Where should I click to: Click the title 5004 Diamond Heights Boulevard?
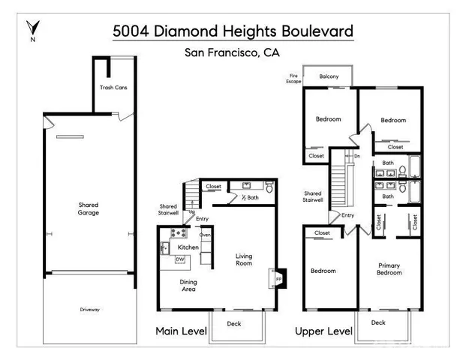tap(232, 31)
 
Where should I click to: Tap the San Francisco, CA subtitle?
tap(232, 52)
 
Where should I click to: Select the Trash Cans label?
tap(113, 88)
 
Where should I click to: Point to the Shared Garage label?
tap(89, 208)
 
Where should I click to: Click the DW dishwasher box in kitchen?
tap(179, 259)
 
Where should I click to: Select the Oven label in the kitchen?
tap(204, 235)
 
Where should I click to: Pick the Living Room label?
tap(245, 259)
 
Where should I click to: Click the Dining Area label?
tap(188, 285)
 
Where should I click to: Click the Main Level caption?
tap(181, 331)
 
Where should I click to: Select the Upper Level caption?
tap(323, 331)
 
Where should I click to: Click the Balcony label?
tap(329, 76)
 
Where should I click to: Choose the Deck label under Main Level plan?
tap(234, 324)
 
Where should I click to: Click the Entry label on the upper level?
tap(347, 215)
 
